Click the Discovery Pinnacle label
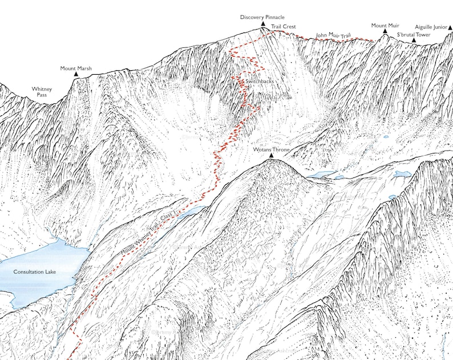pyautogui.click(x=262, y=18)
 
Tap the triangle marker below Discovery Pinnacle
pyautogui.click(x=262, y=25)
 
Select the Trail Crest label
pyautogui.click(x=283, y=26)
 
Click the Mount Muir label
pyautogui.click(x=385, y=26)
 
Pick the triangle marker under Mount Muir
pyautogui.click(x=385, y=33)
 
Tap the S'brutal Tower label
pyautogui.click(x=414, y=35)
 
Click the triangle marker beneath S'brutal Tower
pyautogui.click(x=414, y=41)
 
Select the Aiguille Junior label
pyautogui.click(x=431, y=27)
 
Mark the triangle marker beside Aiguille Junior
pyautogui.click(x=450, y=27)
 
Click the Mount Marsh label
pyautogui.click(x=76, y=68)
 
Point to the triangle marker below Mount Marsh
pyautogui.click(x=76, y=75)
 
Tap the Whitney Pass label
pyautogui.click(x=42, y=92)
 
